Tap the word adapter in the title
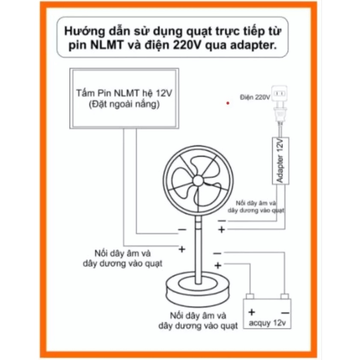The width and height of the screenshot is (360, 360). [x=253, y=45]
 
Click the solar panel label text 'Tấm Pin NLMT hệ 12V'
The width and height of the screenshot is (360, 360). [x=124, y=93]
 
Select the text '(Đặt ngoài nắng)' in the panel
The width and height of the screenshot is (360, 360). [x=124, y=104]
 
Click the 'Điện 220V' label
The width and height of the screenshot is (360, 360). [x=255, y=97]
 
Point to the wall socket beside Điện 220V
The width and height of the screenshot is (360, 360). [x=279, y=93]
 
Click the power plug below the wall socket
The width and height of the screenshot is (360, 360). [x=280, y=115]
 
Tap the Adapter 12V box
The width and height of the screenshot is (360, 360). [x=280, y=161]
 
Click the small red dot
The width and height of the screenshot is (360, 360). [x=228, y=103]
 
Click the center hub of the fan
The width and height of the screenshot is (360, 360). [x=198, y=181]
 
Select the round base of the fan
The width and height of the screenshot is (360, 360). [x=198, y=290]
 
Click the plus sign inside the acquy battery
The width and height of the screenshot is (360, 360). [x=252, y=312]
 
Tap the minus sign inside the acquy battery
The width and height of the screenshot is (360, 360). [x=285, y=313]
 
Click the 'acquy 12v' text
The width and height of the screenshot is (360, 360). [x=267, y=323]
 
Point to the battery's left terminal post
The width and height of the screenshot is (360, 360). [x=250, y=296]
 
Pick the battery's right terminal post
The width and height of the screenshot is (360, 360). [x=285, y=296]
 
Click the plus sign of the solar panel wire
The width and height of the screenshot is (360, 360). [x=182, y=249]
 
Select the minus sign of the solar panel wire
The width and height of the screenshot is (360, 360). [x=182, y=229]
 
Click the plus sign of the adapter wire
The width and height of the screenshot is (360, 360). [x=221, y=229]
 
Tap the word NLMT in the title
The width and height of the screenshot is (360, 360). [x=107, y=45]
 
